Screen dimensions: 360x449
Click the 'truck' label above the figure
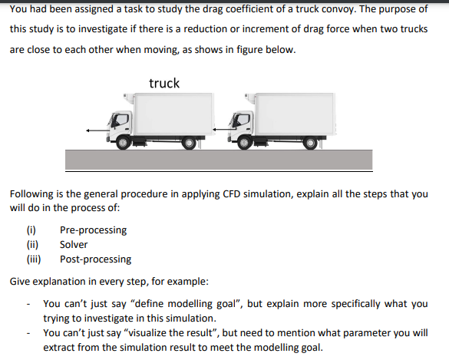pos(163,83)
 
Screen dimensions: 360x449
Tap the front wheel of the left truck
pos(124,141)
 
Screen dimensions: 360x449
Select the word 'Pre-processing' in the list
pos(93,230)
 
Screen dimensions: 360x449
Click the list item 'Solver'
pos(74,244)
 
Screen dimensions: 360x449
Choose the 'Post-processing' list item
pos(95,259)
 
